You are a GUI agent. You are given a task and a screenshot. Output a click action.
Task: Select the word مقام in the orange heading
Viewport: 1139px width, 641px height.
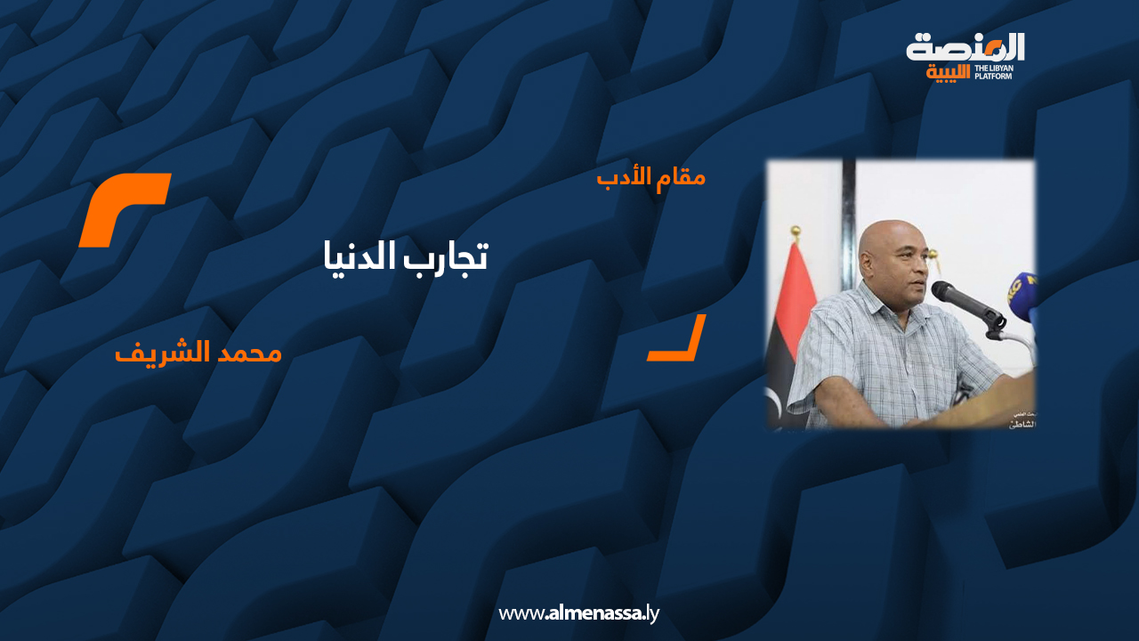coord(681,177)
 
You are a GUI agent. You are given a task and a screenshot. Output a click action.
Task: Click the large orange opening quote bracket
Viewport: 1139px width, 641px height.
coord(125,210)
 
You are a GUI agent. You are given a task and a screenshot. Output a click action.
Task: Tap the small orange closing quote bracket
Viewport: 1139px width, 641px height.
coord(678,339)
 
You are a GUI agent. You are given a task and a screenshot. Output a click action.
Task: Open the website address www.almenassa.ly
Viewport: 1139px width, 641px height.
coord(578,613)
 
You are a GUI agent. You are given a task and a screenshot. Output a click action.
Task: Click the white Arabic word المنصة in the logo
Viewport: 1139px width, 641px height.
coord(965,46)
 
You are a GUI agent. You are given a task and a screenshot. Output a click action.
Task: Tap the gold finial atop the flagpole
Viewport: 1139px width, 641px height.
coord(796,232)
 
